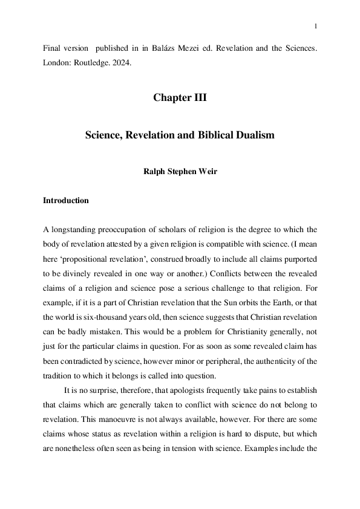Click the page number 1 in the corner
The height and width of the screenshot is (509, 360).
(316, 25)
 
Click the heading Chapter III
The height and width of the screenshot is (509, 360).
(180, 98)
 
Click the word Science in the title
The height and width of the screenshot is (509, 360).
(103, 135)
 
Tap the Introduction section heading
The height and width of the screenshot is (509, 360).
(65, 201)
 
